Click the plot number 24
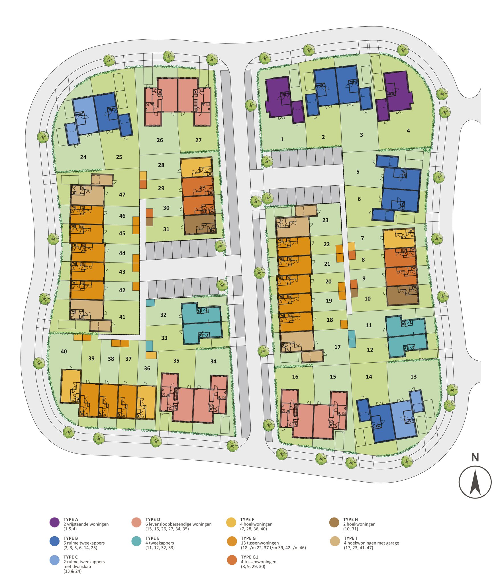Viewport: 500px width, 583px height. pyautogui.click(x=83, y=157)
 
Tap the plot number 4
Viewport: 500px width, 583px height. pyautogui.click(x=408, y=131)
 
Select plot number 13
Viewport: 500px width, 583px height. pyautogui.click(x=413, y=377)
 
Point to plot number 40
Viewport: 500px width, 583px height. pyautogui.click(x=64, y=352)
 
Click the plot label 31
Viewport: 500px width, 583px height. pyautogui.click(x=166, y=229)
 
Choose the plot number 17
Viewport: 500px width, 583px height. pyautogui.click(x=337, y=347)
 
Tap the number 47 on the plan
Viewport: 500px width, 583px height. pyautogui.click(x=122, y=195)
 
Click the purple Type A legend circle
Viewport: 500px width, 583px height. pyautogui.click(x=54, y=523)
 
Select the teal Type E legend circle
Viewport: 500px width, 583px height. pyautogui.click(x=136, y=541)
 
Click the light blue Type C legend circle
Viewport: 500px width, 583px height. pyautogui.click(x=54, y=560)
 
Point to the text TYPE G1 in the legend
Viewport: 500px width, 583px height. pyautogui.click(x=249, y=557)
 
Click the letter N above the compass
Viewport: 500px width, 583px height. pyautogui.click(x=475, y=457)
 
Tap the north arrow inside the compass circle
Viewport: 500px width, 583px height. pyautogui.click(x=475, y=482)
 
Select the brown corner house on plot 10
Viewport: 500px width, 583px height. pyautogui.click(x=403, y=295)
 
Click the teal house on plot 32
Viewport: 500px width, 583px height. pyautogui.click(x=201, y=313)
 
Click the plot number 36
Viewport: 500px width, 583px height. pyautogui.click(x=147, y=368)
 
